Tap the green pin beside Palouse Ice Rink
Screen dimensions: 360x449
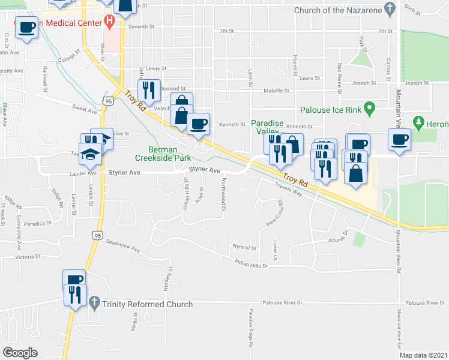[x=370, y=110]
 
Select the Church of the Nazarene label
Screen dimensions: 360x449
[x=338, y=10]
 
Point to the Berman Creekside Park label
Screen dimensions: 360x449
[x=174, y=154]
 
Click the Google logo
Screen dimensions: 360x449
[x=20, y=353]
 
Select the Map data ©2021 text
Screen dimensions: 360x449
[x=423, y=355]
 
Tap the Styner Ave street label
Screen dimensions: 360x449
[x=124, y=172]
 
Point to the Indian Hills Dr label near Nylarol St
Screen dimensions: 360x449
[x=251, y=263]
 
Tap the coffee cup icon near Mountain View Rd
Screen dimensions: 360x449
[x=400, y=142]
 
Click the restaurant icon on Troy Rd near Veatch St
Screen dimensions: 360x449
[x=148, y=91]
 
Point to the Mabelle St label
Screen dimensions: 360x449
[x=277, y=91]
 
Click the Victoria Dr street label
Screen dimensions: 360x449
[x=28, y=256]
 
